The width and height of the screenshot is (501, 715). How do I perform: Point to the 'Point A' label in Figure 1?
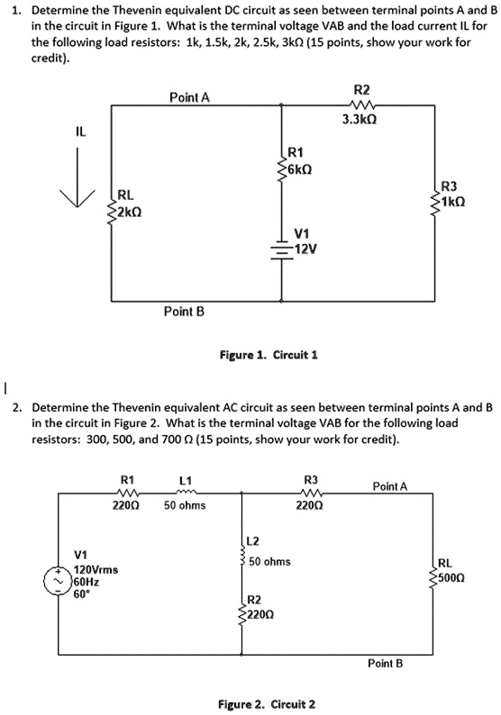pyautogui.click(x=189, y=97)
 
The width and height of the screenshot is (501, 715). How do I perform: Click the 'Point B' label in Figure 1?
pyautogui.click(x=185, y=312)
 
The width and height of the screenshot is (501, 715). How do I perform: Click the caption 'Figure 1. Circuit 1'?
pyautogui.click(x=269, y=355)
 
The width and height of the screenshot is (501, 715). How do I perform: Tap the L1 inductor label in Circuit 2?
pyautogui.click(x=184, y=480)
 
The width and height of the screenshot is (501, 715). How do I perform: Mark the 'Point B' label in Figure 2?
pyautogui.click(x=385, y=664)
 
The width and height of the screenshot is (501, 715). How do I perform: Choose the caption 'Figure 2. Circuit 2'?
pyautogui.click(x=268, y=703)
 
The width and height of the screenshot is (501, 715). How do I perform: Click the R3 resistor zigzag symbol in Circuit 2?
pyautogui.click(x=310, y=493)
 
